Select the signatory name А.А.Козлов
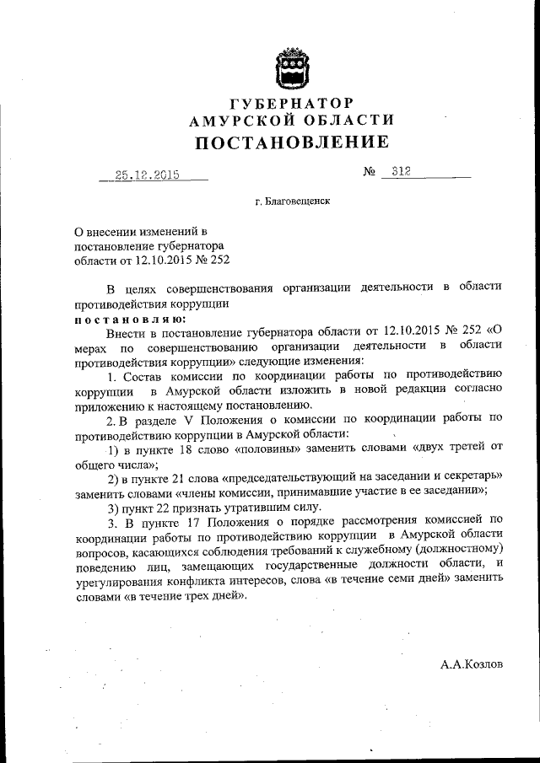click(471, 664)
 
